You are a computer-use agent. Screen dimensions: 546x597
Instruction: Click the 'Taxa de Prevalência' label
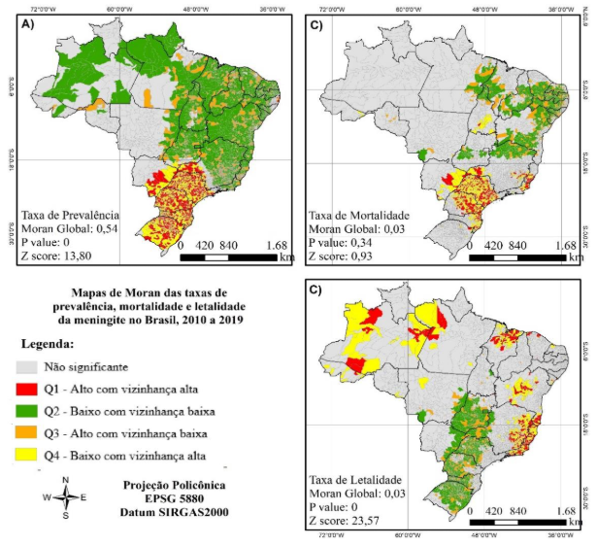point(69,212)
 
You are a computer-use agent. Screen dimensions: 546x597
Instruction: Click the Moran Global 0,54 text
point(69,226)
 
